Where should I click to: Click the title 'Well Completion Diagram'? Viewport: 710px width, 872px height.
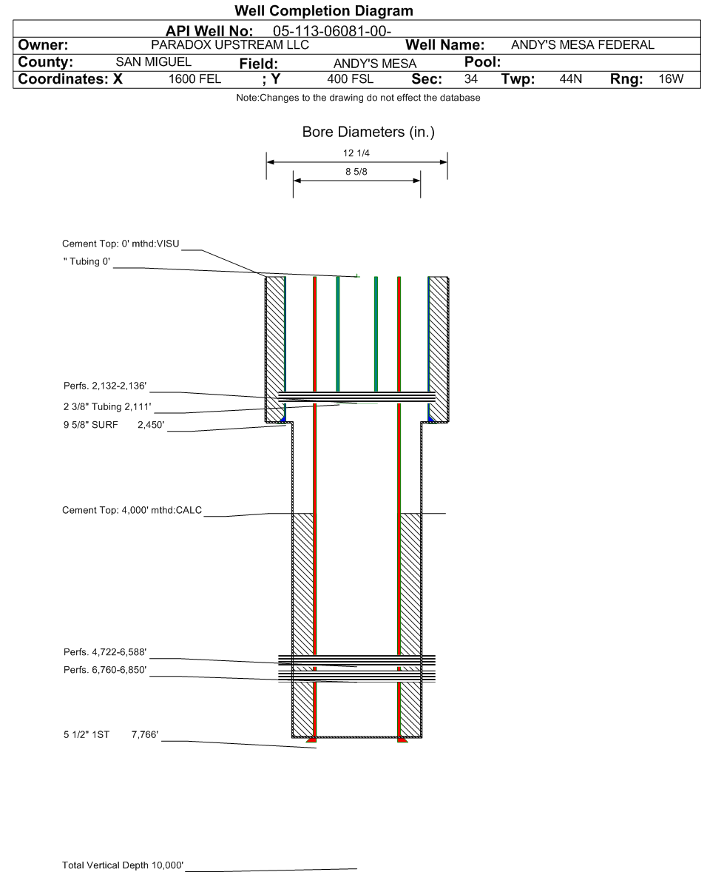[x=324, y=10]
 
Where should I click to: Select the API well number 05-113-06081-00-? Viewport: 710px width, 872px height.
[x=331, y=31]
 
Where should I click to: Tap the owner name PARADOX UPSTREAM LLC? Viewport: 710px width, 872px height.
[x=230, y=45]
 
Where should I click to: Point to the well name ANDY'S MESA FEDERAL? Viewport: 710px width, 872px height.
[x=583, y=45]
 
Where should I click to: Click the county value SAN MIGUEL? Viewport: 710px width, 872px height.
[x=153, y=61]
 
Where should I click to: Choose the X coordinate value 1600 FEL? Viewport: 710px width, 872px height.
[x=195, y=79]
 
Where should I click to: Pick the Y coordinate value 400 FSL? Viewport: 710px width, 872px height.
[x=350, y=79]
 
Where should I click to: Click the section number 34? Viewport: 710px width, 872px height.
[x=470, y=79]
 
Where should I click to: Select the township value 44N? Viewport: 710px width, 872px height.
[x=570, y=79]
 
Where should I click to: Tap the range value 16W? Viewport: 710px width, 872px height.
[x=671, y=79]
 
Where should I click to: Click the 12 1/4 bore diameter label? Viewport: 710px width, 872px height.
[x=356, y=153]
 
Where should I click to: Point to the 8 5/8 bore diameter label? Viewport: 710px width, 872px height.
[x=356, y=172]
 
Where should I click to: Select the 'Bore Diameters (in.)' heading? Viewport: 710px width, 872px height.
[x=368, y=133]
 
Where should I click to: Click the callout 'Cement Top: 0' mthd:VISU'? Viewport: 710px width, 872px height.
[x=121, y=244]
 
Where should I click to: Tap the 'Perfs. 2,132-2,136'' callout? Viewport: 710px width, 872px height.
[x=105, y=386]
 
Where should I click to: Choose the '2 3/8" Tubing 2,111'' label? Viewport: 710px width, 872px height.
[x=107, y=407]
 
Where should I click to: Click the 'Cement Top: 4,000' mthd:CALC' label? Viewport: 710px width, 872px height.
[x=132, y=510]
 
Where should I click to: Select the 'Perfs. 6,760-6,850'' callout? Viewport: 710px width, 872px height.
[x=105, y=670]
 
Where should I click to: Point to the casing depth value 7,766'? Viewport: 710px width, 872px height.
[x=145, y=734]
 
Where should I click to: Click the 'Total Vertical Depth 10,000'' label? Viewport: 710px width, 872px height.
[x=123, y=865]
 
